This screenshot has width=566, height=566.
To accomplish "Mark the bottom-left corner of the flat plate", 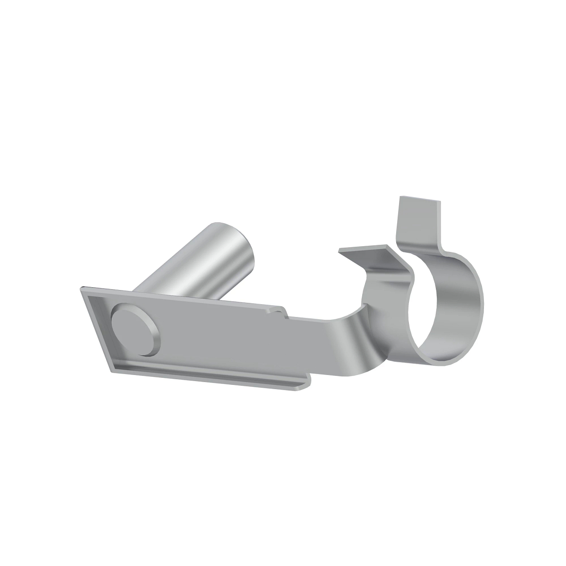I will (x=112, y=371).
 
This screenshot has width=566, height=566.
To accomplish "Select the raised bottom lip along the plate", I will (x=208, y=377).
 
